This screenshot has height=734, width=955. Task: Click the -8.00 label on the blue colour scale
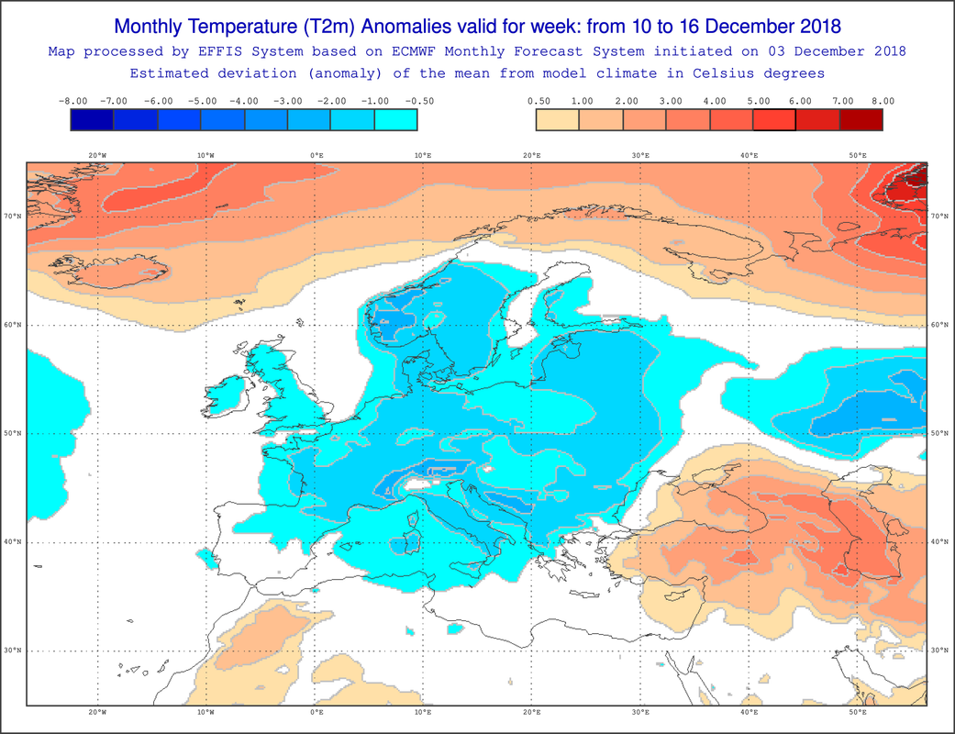73,101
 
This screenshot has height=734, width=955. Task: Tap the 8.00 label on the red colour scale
883,101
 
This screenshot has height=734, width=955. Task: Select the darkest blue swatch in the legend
92,119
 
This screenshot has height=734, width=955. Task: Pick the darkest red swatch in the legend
861,119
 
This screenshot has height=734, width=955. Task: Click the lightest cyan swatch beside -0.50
396,119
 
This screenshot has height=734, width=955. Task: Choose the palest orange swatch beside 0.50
558,119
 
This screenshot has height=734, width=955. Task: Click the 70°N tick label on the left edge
12,217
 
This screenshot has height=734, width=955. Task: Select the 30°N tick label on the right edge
939,651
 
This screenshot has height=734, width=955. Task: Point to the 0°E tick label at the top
316,155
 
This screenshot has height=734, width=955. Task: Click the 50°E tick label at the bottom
858,712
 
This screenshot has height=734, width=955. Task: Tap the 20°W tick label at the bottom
97,712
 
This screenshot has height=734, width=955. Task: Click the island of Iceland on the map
110,272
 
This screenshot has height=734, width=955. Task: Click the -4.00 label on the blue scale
245,101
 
